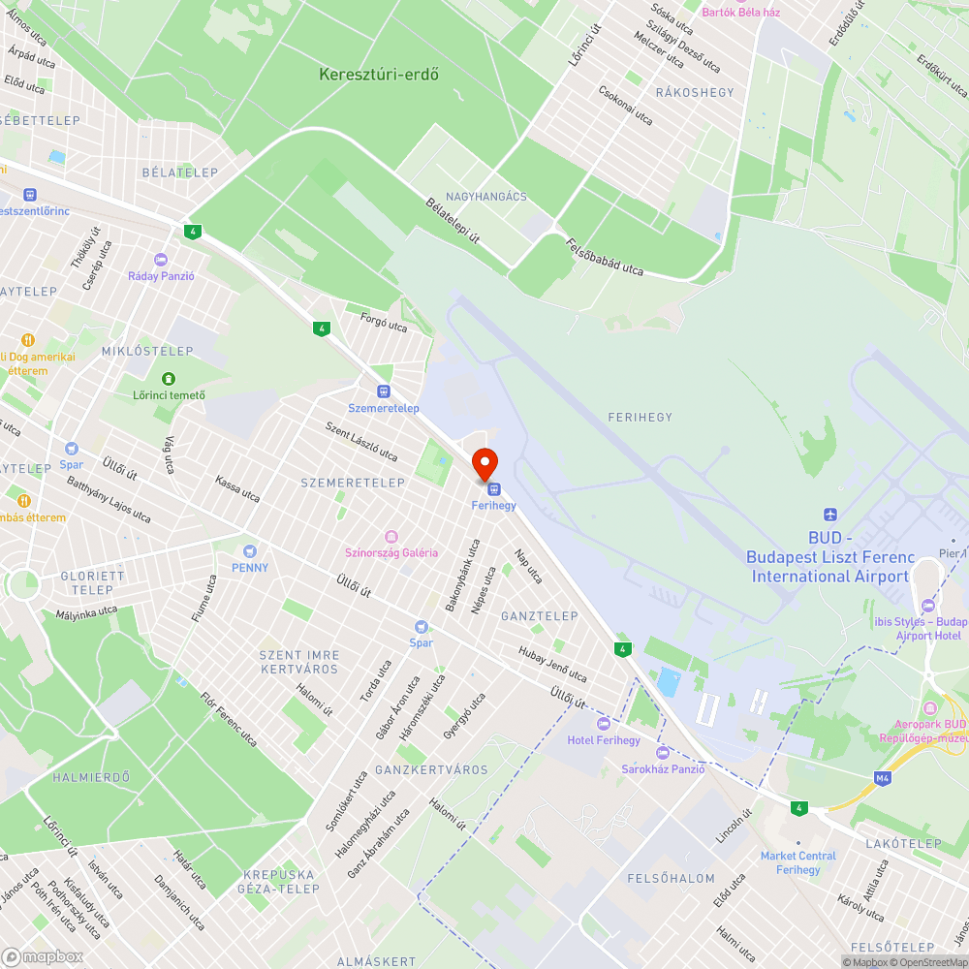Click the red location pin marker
[484, 463]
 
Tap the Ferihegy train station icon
[494, 487]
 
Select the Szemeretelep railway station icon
[384, 391]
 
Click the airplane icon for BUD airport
[829, 514]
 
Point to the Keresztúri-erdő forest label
[379, 74]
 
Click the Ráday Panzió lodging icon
[161, 260]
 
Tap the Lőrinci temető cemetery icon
[169, 378]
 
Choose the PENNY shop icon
[250, 550]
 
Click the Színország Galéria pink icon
[391, 536]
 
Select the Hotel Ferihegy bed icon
[604, 723]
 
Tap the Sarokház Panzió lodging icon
[663, 752]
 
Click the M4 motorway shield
[882, 777]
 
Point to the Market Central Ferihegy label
[797, 862]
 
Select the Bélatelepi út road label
[453, 220]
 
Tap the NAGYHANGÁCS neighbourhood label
[486, 197]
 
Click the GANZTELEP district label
[539, 616]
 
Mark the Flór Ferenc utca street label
[229, 718]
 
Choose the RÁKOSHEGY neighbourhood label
[695, 93]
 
